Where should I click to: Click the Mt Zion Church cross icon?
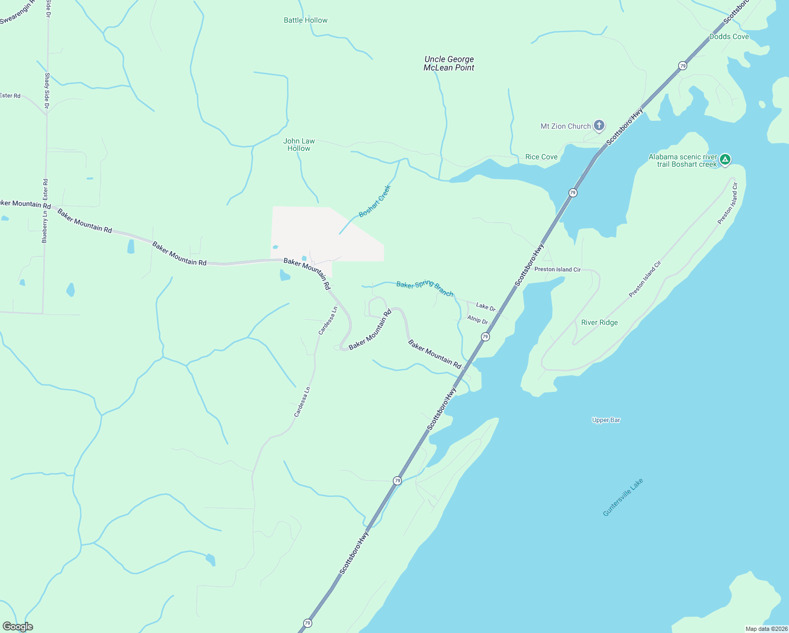(599, 126)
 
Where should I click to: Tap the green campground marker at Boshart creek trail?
(725, 159)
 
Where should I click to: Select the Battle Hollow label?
(305, 21)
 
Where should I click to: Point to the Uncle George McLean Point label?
(449, 63)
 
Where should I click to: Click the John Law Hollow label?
(299, 145)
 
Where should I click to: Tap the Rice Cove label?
(541, 157)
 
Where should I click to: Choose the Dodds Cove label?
(729, 36)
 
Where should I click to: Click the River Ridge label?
(599, 322)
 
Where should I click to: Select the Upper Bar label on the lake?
(606, 420)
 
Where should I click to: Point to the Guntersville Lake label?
(623, 497)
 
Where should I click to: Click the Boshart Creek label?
(374, 201)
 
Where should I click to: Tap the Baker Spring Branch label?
(425, 289)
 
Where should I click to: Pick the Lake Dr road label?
(486, 306)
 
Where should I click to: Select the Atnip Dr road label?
(477, 319)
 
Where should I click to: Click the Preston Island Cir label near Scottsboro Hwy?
(557, 270)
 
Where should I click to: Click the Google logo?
(18, 627)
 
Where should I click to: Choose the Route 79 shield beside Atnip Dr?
(485, 337)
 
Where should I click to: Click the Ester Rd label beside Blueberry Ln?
(45, 189)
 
